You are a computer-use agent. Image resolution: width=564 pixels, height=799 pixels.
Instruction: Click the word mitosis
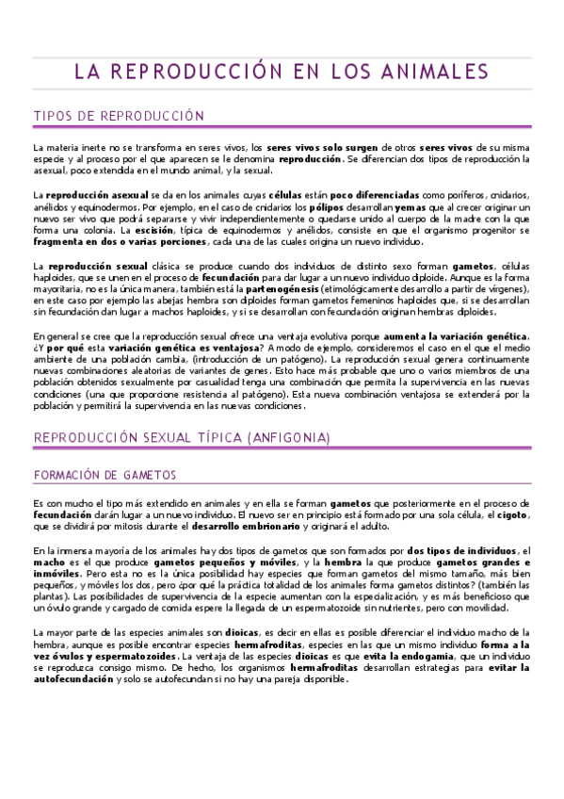coord(122,528)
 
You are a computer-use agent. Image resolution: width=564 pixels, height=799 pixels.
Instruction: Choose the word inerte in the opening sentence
coord(83,148)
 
